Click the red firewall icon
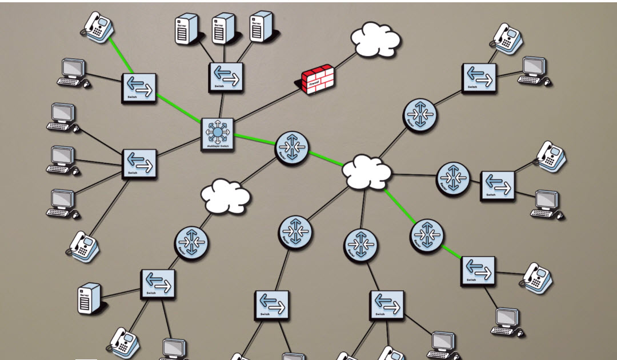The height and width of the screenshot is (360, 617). click(318, 79)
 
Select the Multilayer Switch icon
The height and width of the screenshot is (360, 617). click(218, 134)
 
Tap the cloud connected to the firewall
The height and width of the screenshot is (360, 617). click(375, 39)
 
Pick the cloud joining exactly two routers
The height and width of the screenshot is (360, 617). click(226, 196)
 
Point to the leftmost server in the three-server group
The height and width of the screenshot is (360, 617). click(186, 29)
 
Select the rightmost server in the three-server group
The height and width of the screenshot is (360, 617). click(261, 26)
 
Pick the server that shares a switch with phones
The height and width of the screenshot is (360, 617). click(90, 298)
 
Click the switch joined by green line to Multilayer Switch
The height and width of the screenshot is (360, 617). click(139, 88)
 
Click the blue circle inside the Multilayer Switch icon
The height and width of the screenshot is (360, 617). click(218, 132)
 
